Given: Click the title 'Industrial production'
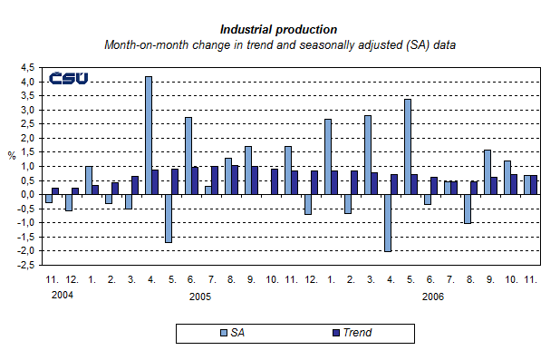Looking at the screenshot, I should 279,29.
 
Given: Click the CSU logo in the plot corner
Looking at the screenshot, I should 69,79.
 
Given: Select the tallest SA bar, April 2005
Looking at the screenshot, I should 149,135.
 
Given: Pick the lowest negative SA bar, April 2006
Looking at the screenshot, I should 388,223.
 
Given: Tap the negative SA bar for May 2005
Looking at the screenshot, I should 169,218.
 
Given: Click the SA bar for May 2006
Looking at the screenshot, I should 408,146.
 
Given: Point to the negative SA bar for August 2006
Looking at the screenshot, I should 468,209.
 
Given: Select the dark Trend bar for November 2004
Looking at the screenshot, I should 55,190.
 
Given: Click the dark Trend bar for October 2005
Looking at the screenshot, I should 275,181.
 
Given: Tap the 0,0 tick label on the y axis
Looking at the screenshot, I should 29,194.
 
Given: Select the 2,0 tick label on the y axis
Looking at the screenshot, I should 29,138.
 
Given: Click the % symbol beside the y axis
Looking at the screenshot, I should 12,155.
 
